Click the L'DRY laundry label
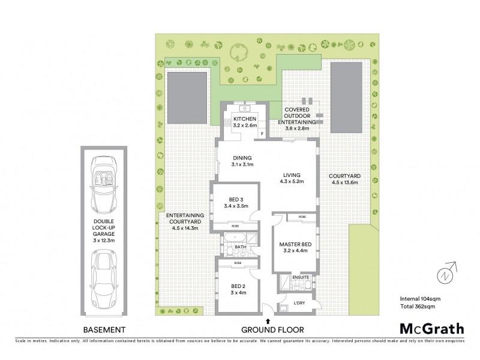pyautogui.click(x=298, y=303)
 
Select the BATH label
pyautogui.click(x=241, y=247)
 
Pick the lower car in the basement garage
pyautogui.click(x=105, y=280)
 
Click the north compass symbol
pyautogui.click(x=445, y=273)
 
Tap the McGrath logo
pyautogui.click(x=432, y=328)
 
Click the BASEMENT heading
pyautogui.click(x=104, y=329)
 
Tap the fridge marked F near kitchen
pyautogui.click(x=262, y=134)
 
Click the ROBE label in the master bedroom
pyautogui.click(x=302, y=217)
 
